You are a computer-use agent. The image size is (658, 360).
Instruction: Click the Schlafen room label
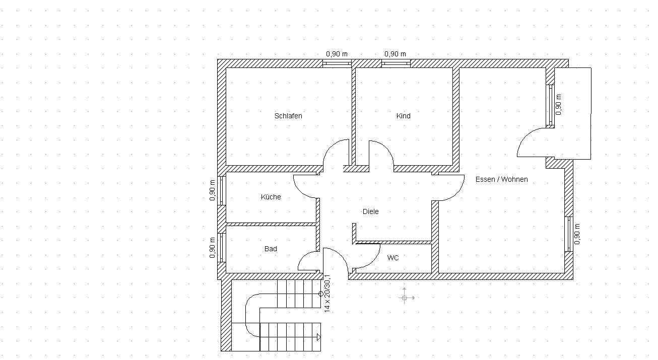pyautogui.click(x=288, y=116)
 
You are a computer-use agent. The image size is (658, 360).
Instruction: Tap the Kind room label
pyautogui.click(x=404, y=116)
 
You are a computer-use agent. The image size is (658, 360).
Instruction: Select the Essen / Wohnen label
pyautogui.click(x=501, y=179)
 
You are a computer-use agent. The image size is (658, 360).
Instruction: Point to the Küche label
pyautogui.click(x=271, y=197)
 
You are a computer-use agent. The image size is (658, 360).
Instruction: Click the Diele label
pyautogui.click(x=371, y=211)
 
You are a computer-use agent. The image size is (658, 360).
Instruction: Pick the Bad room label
pyautogui.click(x=271, y=249)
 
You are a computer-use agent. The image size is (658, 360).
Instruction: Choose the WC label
pyautogui.click(x=393, y=258)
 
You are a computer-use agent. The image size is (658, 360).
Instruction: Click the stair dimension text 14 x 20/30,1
pyautogui.click(x=327, y=294)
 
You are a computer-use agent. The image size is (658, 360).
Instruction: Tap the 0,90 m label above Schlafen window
pyautogui.click(x=337, y=54)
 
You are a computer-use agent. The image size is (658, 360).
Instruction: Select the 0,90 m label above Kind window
pyautogui.click(x=395, y=54)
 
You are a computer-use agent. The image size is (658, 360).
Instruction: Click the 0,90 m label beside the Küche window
pyautogui.click(x=212, y=190)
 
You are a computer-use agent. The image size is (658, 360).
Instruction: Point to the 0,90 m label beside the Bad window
pyautogui.click(x=212, y=248)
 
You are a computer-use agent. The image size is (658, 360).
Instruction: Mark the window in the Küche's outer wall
pyautogui.click(x=222, y=190)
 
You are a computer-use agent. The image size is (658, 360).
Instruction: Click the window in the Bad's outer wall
pyautogui.click(x=222, y=248)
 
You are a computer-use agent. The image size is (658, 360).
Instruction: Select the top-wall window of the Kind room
pyautogui.click(x=396, y=63)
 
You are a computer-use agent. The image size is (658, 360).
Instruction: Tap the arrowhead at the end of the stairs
pyautogui.click(x=319, y=337)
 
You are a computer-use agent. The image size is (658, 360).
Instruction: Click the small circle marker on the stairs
pyautogui.click(x=321, y=294)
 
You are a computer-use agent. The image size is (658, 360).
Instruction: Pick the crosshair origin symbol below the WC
pyautogui.click(x=405, y=298)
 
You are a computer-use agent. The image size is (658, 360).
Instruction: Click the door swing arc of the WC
pyautogui.click(x=374, y=261)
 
